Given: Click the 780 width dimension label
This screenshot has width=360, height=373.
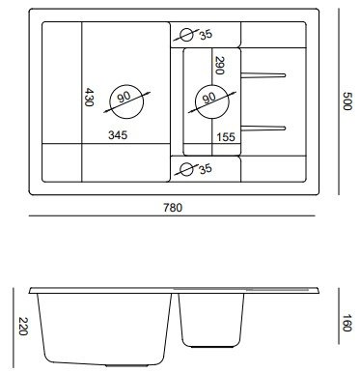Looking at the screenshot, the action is [x=173, y=208].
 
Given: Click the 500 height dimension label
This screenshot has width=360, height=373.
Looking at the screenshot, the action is [x=347, y=101].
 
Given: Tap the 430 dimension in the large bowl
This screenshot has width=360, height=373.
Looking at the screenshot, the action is [x=89, y=98].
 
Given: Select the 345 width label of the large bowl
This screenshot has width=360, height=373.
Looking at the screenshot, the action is [x=118, y=135].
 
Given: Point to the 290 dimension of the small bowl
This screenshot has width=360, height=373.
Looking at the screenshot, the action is [x=219, y=66].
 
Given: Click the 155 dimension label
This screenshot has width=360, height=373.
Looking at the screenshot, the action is [x=226, y=137].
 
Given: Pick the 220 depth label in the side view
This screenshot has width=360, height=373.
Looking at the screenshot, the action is [x=23, y=327].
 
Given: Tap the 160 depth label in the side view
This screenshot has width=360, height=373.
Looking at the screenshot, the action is [x=346, y=323].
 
